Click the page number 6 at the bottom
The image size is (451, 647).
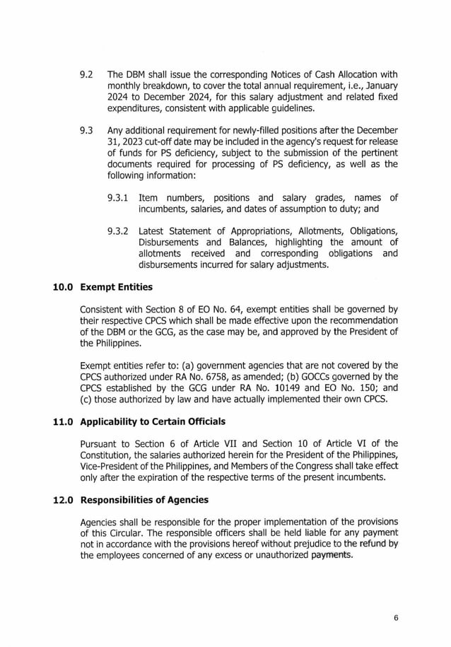(x=396, y=617)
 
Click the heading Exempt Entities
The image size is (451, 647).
(x=116, y=288)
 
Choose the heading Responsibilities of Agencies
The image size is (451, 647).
(x=143, y=500)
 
